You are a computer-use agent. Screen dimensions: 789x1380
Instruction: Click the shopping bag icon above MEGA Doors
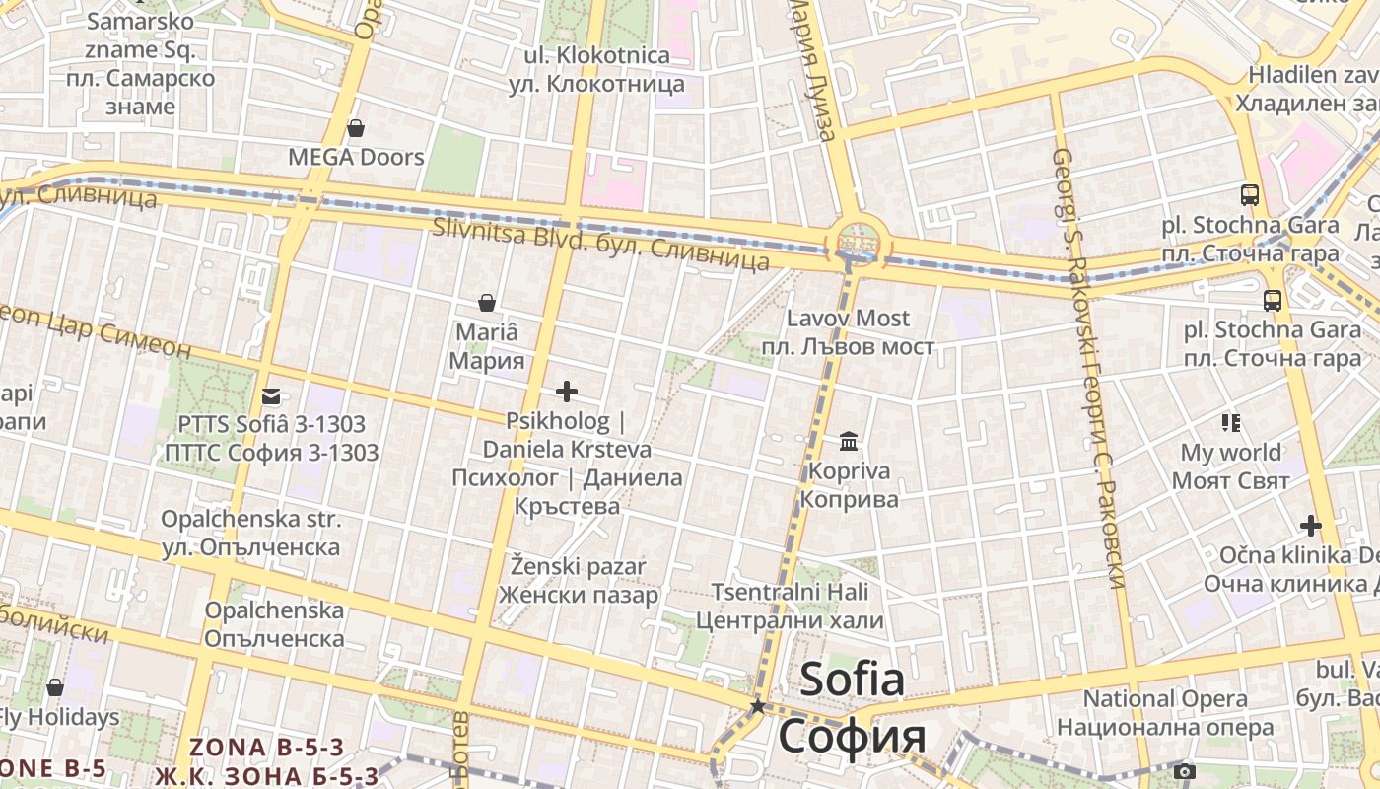[356, 129]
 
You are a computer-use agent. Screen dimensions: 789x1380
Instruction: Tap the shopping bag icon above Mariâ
[486, 302]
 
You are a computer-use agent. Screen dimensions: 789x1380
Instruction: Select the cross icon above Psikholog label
[567, 393]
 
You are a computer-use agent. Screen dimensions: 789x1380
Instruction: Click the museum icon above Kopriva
[849, 441]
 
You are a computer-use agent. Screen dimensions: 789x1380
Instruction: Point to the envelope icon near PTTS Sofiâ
[271, 396]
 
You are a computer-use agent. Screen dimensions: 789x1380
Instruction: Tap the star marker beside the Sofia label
[758, 706]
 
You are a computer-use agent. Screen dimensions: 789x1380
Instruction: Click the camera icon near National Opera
[1185, 771]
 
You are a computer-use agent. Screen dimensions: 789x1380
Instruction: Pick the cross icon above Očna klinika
[1310, 525]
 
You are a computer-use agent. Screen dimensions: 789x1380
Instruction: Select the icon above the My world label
[1230, 423]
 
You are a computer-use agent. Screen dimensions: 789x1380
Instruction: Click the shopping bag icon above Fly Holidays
[55, 686]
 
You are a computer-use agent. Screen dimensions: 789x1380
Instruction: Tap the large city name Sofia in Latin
[852, 680]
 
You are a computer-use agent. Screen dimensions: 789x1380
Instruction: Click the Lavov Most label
[848, 319]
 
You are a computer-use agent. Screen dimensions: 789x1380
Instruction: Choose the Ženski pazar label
[579, 567]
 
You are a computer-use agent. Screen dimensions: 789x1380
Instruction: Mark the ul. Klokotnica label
[597, 55]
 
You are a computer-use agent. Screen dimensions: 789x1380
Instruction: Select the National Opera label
[1165, 699]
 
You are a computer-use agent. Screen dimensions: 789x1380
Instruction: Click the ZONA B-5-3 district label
[267, 748]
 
